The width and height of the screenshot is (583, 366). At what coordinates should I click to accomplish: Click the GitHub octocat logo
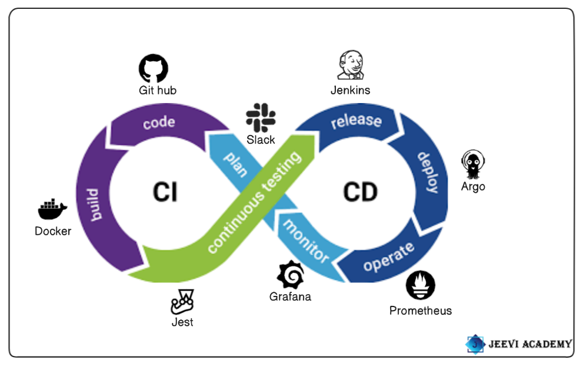pyautogui.click(x=154, y=68)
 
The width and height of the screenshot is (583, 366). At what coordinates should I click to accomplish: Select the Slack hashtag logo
pyautogui.click(x=261, y=117)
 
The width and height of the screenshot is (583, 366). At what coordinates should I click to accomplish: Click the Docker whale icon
pyautogui.click(x=52, y=210)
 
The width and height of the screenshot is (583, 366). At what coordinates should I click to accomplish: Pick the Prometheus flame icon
pyautogui.click(x=421, y=286)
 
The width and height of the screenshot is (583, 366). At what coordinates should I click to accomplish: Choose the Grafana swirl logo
pyautogui.click(x=290, y=274)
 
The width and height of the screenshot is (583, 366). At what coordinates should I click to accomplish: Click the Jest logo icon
pyautogui.click(x=182, y=302)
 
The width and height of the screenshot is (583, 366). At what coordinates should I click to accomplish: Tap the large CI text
pyautogui.click(x=165, y=192)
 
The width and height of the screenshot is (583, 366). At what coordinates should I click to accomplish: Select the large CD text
pyautogui.click(x=360, y=192)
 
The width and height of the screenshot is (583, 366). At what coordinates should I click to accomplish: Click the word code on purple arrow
pyautogui.click(x=159, y=123)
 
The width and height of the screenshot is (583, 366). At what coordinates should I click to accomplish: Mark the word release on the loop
pyautogui.click(x=356, y=120)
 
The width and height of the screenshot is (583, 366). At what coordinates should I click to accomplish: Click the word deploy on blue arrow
pyautogui.click(x=428, y=173)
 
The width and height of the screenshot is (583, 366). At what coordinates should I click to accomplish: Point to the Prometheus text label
pyautogui.click(x=421, y=311)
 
